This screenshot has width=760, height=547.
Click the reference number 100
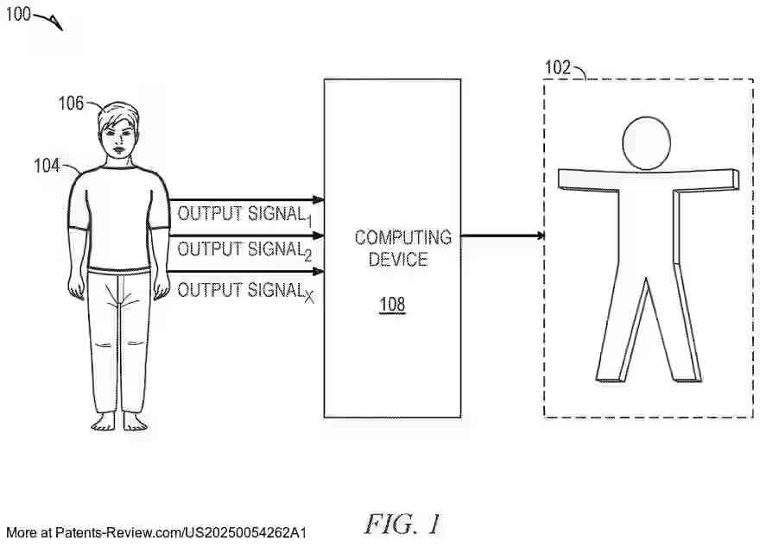pyautogui.click(x=17, y=14)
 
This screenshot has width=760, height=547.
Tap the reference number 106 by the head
pyautogui.click(x=71, y=104)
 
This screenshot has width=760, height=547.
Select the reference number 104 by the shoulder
pyautogui.click(x=47, y=165)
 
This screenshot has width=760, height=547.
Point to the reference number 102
pyautogui.click(x=558, y=67)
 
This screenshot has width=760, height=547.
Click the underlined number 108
pyautogui.click(x=391, y=304)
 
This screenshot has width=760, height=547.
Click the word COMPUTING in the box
pyautogui.click(x=402, y=237)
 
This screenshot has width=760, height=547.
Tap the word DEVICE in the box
pyautogui.click(x=398, y=258)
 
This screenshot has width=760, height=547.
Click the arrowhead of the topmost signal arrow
pyautogui.click(x=318, y=199)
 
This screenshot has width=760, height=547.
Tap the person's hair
pyautogui.click(x=118, y=114)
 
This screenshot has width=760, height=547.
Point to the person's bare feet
pyautogui.click(x=119, y=423)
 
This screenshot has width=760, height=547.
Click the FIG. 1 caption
pyautogui.click(x=402, y=524)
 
